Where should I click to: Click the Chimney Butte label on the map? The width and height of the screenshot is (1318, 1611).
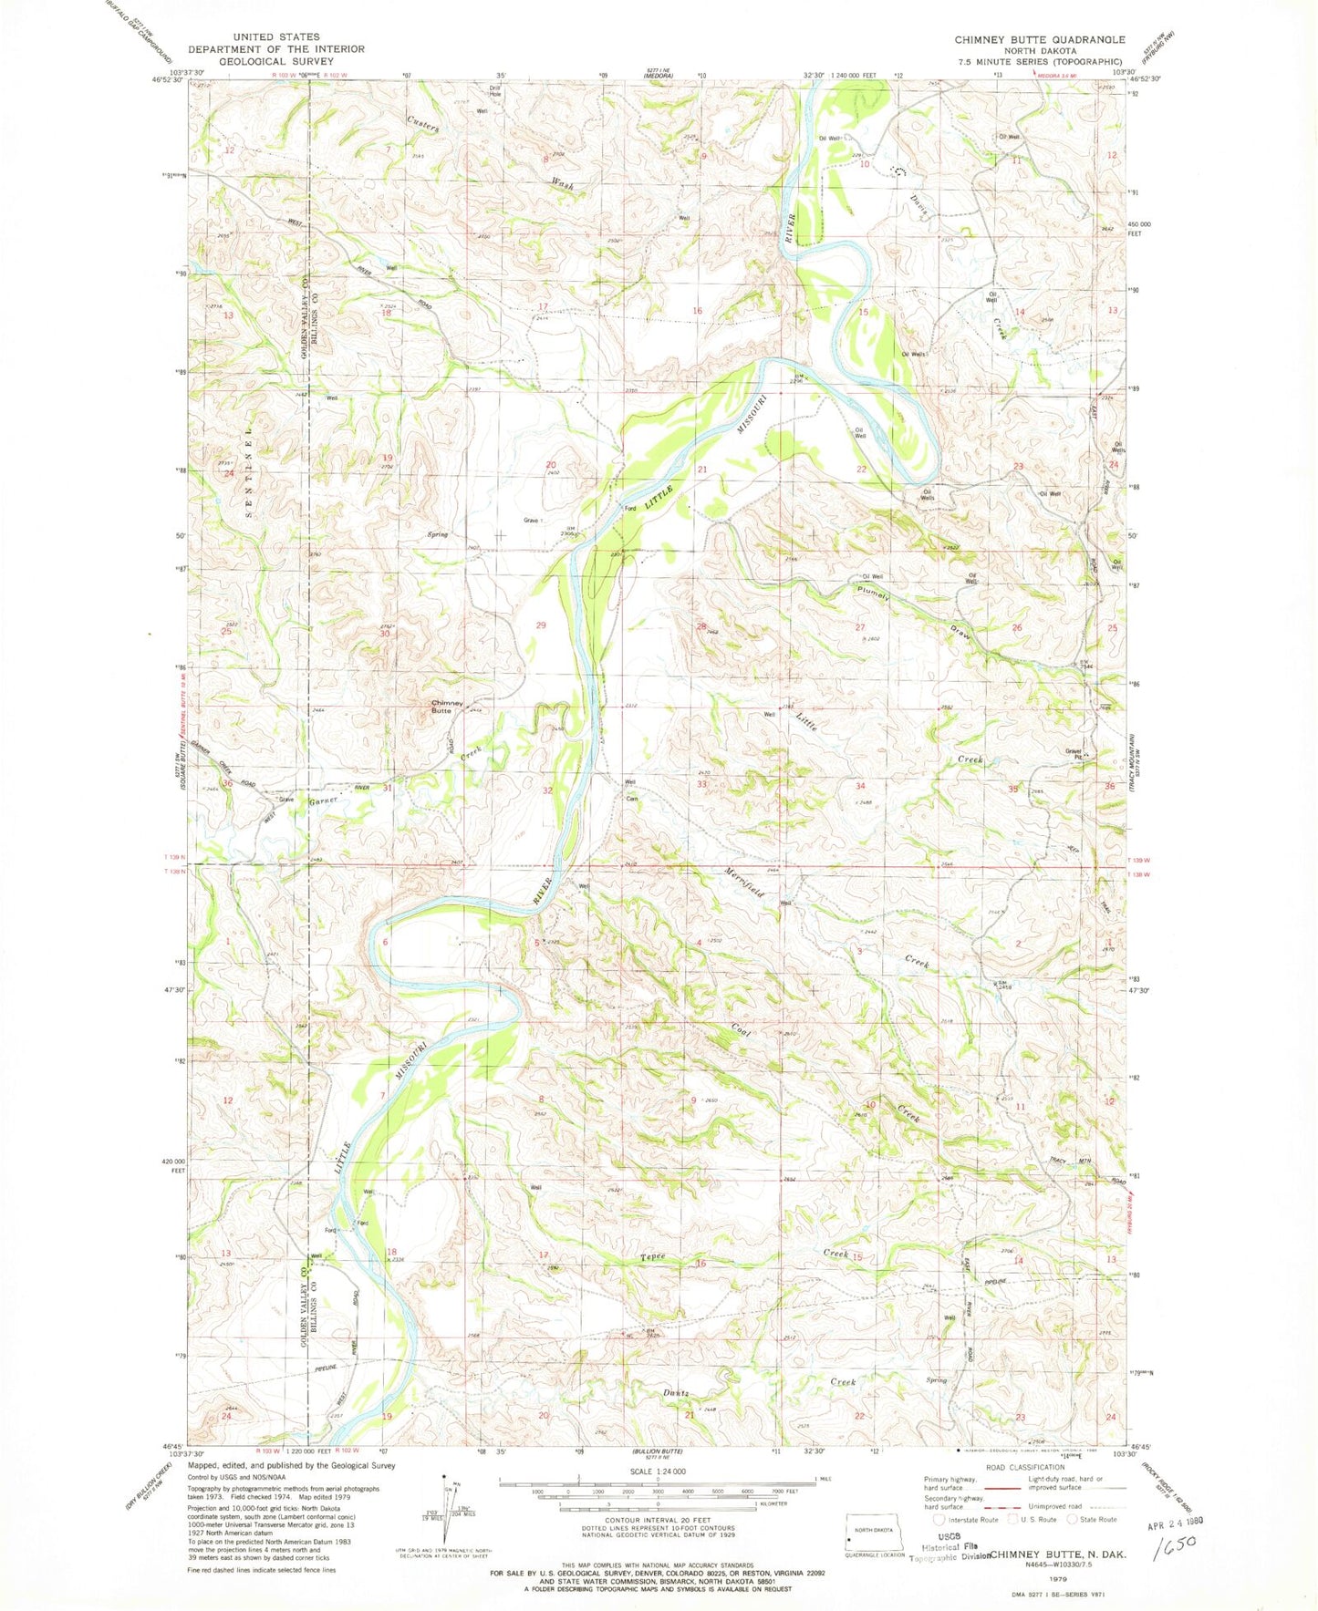448,707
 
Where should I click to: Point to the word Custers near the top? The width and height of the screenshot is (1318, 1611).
423,124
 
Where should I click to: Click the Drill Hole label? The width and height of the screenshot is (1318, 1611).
495,92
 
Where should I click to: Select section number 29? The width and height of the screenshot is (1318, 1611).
541,625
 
